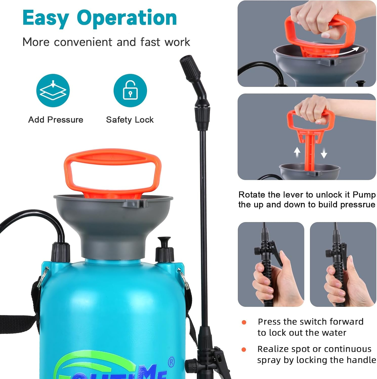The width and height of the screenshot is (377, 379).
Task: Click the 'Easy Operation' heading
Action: point(100,18)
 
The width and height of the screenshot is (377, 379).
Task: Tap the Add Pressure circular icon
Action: point(53,90)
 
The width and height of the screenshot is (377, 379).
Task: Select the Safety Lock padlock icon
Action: point(130,90)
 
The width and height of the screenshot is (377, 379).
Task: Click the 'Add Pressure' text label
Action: point(56,120)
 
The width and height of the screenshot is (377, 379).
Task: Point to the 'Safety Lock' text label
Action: point(130,120)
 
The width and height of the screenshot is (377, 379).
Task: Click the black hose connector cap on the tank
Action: point(61,251)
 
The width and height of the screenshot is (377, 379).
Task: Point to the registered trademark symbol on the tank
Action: point(171,362)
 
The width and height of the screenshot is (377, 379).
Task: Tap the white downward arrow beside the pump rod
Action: point(324,153)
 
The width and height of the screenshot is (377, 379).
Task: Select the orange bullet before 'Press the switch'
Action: point(244,322)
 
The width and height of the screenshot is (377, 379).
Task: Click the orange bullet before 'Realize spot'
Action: point(244,349)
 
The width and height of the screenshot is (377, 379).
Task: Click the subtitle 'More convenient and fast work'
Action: point(106,42)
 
